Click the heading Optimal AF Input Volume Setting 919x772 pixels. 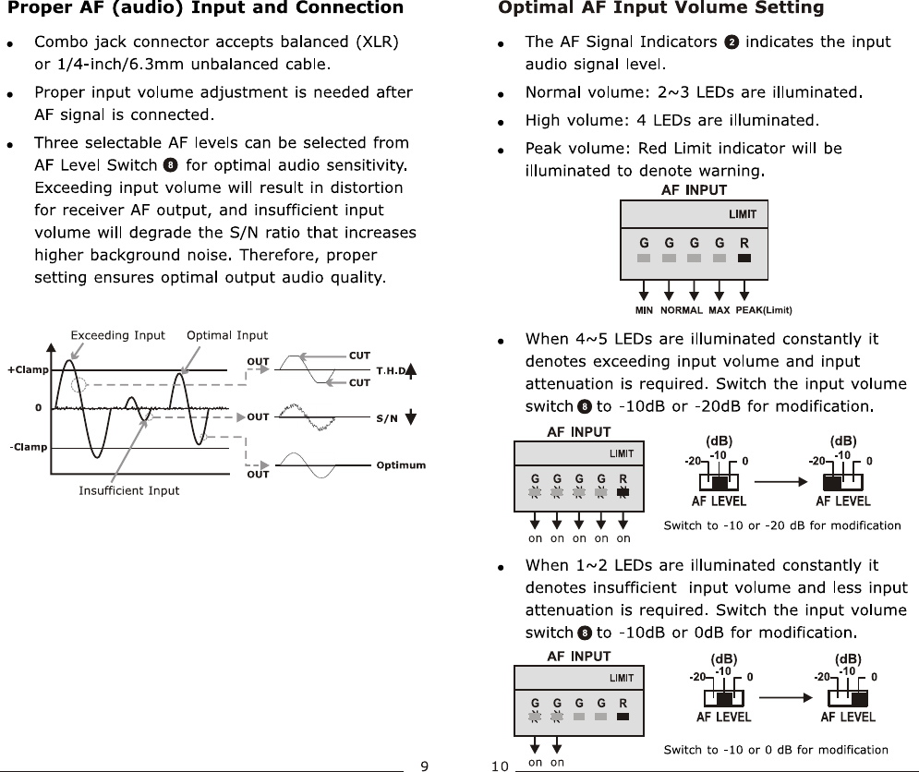[660, 9]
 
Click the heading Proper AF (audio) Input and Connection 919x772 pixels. [205, 9]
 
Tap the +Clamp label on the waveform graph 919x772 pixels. [28, 370]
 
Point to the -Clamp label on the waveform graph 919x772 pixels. [28, 448]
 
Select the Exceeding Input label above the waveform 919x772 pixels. [118, 336]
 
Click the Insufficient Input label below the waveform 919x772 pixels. [129, 491]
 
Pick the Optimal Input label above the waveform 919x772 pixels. [227, 336]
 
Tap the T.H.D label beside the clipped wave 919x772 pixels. [391, 371]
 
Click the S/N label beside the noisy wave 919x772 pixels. [387, 418]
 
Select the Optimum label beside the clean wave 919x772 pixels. [401, 465]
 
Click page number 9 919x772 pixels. [424, 765]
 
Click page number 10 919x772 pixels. [500, 765]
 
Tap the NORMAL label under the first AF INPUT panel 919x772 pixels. [682, 310]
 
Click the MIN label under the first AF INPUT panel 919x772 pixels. [644, 310]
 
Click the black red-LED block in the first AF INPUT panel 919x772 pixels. [744, 259]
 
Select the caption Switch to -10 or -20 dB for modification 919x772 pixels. [782, 525]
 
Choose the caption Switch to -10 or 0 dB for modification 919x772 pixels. [776, 750]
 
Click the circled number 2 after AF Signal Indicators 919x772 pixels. [732, 42]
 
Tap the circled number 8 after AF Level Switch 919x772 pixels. [170, 166]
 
